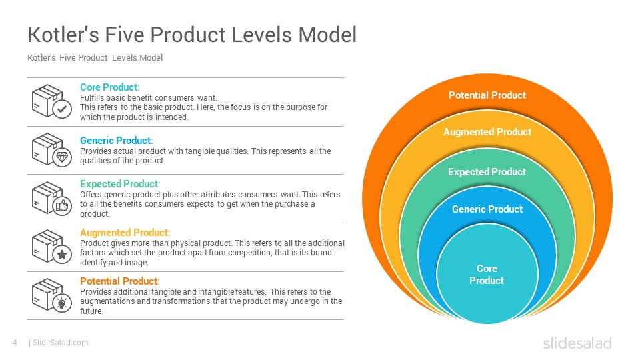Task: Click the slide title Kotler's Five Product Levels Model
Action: point(192,35)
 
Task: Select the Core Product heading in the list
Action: point(109,87)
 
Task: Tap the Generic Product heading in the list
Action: point(116,141)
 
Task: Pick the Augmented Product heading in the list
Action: point(125,233)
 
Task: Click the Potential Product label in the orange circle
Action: point(487,95)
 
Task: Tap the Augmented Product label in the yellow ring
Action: point(487,132)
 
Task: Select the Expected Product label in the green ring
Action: point(487,172)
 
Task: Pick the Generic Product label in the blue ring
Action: point(487,209)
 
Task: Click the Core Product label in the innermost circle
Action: point(487,275)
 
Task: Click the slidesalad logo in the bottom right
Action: point(577,343)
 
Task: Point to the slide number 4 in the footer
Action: point(15,343)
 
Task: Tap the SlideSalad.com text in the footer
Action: point(59,343)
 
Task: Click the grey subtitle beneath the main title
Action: point(95,58)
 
